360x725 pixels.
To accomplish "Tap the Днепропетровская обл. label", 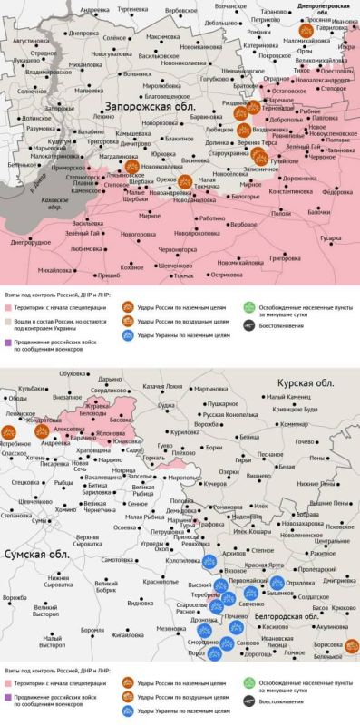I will [326, 7].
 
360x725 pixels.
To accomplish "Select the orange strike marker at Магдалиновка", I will [131, 167].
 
